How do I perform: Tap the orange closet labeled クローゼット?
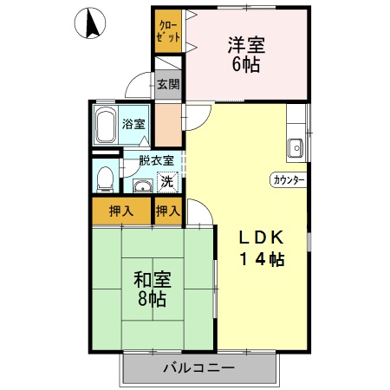coord(169,32)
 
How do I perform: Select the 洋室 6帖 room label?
coord(247,55)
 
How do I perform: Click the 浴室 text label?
coord(135,123)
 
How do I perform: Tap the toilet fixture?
coord(104,179)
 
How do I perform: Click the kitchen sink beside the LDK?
coord(296,147)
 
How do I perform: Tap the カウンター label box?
coord(289,180)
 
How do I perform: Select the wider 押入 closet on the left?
coord(121,210)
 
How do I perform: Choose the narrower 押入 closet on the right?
coord(168,210)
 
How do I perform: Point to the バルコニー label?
coord(198,368)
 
